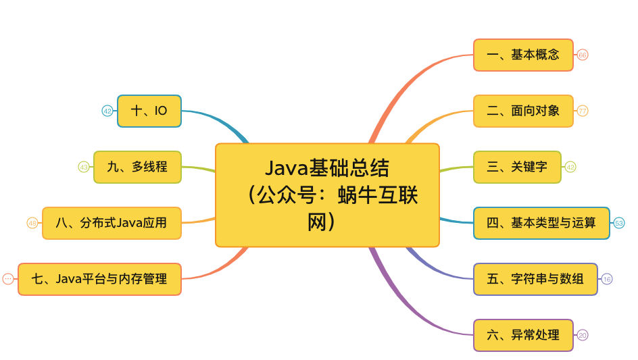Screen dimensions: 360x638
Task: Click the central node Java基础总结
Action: click(327, 195)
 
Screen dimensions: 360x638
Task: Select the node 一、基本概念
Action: click(523, 55)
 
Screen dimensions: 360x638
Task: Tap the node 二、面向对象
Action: click(523, 111)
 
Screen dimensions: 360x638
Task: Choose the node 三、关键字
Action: click(517, 167)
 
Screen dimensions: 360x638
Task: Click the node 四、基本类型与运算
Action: click(541, 223)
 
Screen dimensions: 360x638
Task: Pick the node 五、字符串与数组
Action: click(535, 279)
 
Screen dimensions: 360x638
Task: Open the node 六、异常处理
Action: click(523, 335)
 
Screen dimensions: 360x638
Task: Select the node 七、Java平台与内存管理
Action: click(99, 279)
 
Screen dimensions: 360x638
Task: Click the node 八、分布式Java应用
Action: click(112, 223)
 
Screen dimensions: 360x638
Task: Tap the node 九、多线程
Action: click(137, 167)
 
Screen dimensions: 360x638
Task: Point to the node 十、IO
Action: click(149, 111)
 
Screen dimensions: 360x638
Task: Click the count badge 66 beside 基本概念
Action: click(583, 55)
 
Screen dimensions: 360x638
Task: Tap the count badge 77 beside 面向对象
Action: click(583, 111)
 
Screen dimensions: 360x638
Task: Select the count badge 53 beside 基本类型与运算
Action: click(619, 223)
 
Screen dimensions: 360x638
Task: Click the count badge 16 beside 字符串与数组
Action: click(607, 279)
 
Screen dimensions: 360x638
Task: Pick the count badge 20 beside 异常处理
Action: click(583, 335)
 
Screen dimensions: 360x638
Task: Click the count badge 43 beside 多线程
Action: click(84, 167)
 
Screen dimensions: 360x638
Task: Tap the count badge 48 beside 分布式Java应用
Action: click(32, 223)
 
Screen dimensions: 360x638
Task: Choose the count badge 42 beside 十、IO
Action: click(107, 111)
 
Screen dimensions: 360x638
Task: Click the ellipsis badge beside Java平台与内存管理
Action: click(8, 279)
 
